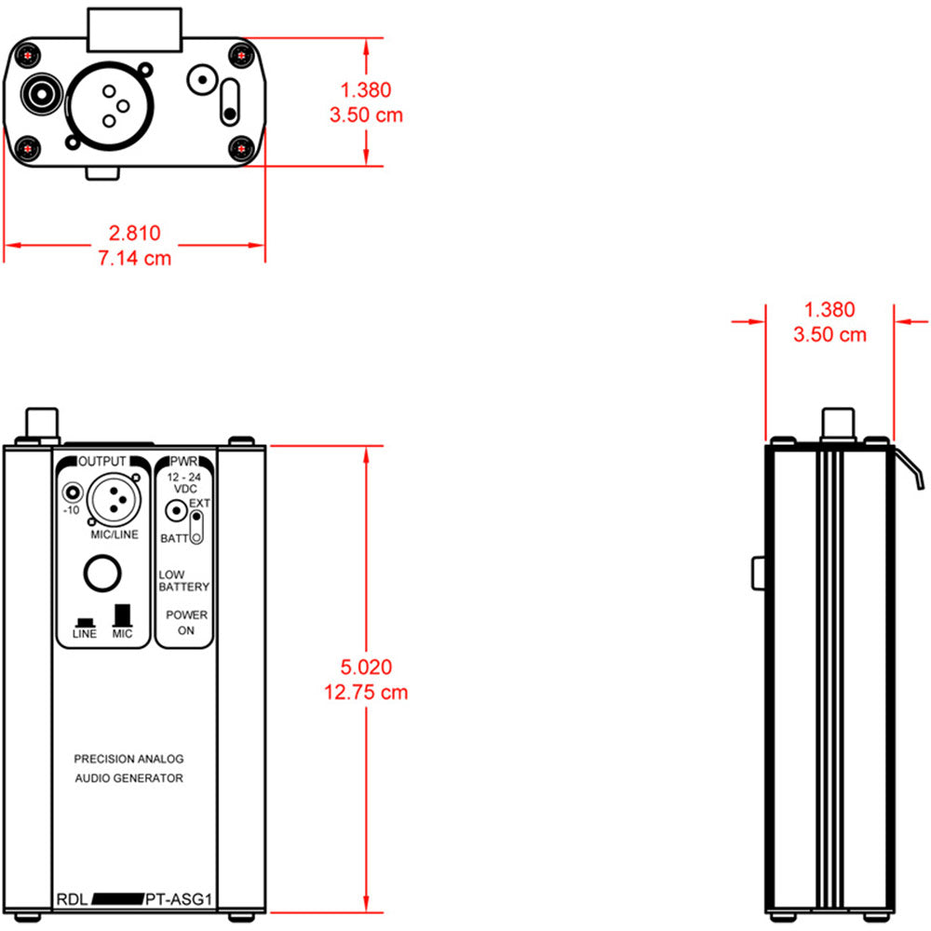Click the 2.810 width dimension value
[135, 234]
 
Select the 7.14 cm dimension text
[135, 258]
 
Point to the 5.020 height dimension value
[366, 668]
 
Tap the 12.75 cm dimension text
[366, 693]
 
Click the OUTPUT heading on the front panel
[101, 462]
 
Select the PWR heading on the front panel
[182, 462]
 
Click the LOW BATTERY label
[183, 581]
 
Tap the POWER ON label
[185, 623]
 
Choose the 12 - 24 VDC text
[183, 483]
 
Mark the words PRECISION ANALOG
[128, 759]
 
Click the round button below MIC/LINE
[101, 573]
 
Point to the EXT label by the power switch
[199, 504]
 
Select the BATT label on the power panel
[173, 539]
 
